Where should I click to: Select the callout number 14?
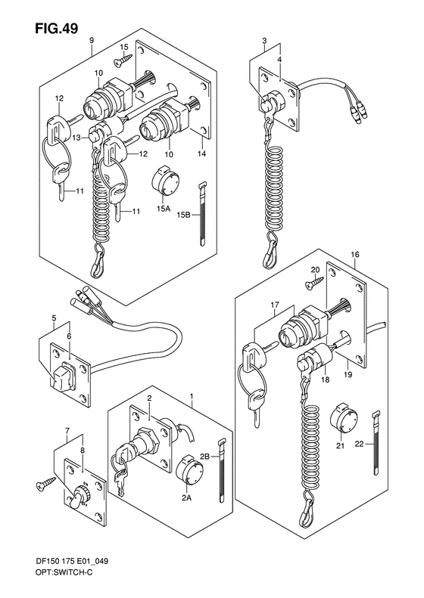click(x=202, y=153)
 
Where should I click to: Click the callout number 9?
click(x=92, y=39)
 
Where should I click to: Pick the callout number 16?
click(x=354, y=256)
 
